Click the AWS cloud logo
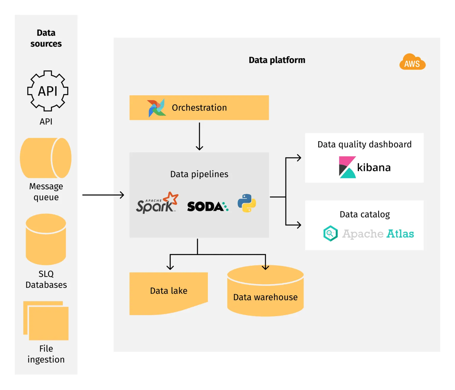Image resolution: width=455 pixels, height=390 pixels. pos(412,62)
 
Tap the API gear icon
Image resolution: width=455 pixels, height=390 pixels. pos(47,91)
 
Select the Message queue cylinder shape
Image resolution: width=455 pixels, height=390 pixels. pos(46,158)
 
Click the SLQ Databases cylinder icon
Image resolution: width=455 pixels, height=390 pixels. pos(46,239)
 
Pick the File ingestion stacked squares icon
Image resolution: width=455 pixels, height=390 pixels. pos(46,321)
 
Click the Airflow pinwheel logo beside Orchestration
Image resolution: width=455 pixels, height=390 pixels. pos(156,108)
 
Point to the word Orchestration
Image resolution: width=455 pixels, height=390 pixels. pos(199,108)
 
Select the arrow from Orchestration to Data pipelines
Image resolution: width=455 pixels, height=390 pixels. pos(199,136)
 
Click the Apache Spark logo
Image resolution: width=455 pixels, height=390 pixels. pos(157,203)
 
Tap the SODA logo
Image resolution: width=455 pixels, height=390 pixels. pos(207,206)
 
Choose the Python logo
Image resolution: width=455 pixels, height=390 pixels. pos(247,203)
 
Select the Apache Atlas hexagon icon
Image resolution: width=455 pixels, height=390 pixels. pos(330,234)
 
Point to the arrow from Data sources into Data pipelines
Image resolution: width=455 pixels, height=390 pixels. pos(103,195)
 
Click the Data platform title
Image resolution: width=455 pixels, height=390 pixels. pos(277,60)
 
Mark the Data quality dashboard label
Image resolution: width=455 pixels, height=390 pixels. pos(364,145)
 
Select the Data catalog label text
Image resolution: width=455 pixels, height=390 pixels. pos(364,214)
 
